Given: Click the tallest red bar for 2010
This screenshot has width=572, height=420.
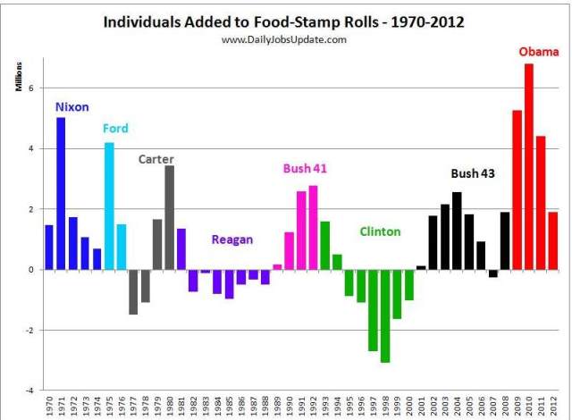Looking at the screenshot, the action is pyautogui.click(x=528, y=167).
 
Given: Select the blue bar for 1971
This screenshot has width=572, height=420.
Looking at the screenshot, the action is pyautogui.click(x=61, y=194).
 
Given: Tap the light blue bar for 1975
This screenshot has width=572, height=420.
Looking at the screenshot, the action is pyautogui.click(x=109, y=206).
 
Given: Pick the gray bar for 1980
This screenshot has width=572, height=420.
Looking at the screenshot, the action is pyautogui.click(x=169, y=218).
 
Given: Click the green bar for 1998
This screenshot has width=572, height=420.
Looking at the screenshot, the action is pyautogui.click(x=385, y=316).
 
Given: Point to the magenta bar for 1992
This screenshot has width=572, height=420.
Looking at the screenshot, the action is pyautogui.click(x=313, y=228).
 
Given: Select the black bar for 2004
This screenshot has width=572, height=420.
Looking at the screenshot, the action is pyautogui.click(x=457, y=231).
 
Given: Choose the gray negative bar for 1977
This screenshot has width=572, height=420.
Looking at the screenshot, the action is pyautogui.click(x=133, y=292).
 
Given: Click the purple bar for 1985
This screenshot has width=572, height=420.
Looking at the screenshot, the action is pyautogui.click(x=229, y=284).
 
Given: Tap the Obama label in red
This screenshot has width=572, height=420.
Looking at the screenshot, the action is pyautogui.click(x=539, y=52).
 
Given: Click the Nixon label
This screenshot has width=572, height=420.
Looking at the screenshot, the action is pyautogui.click(x=71, y=107).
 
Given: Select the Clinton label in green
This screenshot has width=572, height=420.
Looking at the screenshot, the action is pyautogui.click(x=380, y=231).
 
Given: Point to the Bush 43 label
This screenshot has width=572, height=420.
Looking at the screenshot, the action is pyautogui.click(x=473, y=173).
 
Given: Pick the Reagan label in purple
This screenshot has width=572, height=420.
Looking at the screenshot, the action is pyautogui.click(x=232, y=239).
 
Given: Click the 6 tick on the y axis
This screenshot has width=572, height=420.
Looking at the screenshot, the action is pyautogui.click(x=31, y=88).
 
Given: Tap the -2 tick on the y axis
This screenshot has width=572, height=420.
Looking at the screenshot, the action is pyautogui.click(x=29, y=331).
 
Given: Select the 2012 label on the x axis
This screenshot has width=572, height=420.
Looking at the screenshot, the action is pyautogui.click(x=553, y=406).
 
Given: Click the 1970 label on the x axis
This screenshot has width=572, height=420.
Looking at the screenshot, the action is pyautogui.click(x=50, y=406).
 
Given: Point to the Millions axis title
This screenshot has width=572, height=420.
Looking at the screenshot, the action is pyautogui.click(x=19, y=77).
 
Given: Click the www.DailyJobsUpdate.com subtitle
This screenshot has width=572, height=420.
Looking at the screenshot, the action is pyautogui.click(x=284, y=39).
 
